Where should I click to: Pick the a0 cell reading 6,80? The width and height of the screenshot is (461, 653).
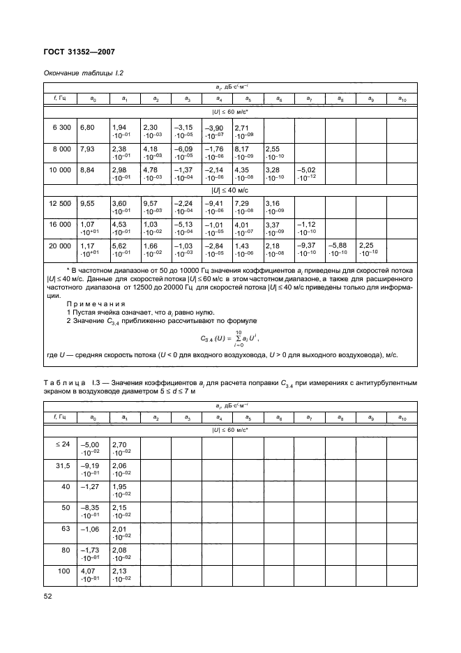tap(87, 128)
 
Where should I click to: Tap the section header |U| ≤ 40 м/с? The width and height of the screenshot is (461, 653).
tap(230, 189)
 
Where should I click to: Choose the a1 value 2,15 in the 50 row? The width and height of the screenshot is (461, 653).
tap(119, 509)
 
